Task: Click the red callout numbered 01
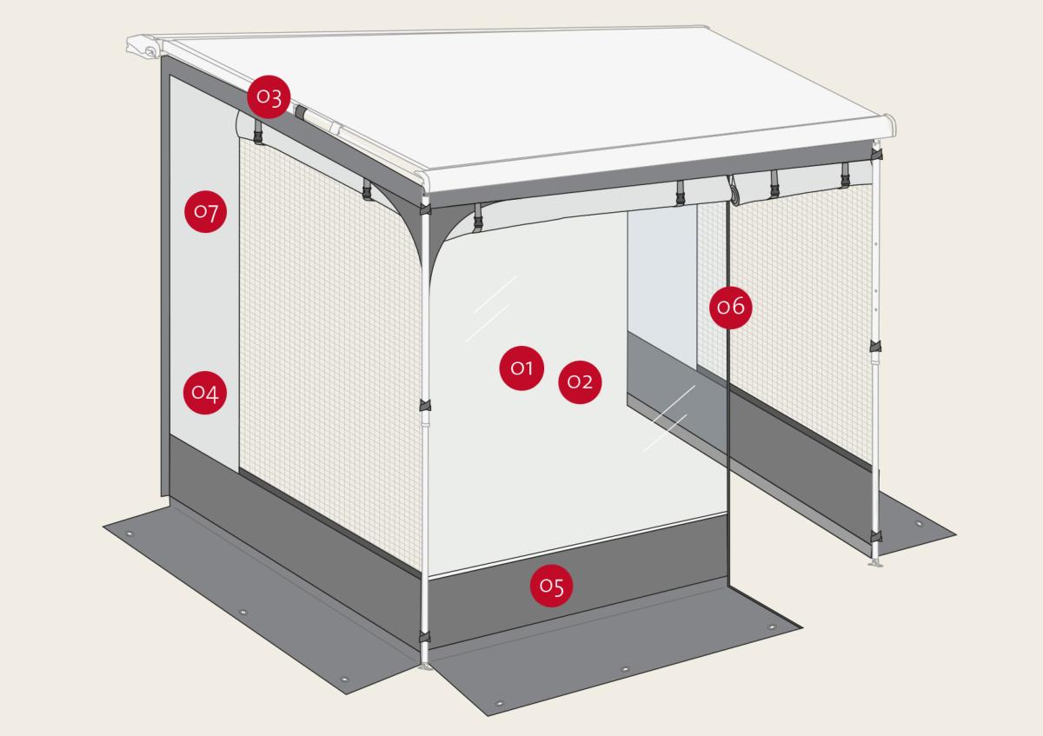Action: [x=521, y=368]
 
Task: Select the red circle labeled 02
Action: [x=580, y=381]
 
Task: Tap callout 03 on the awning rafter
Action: [x=269, y=97]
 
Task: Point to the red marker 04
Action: [x=205, y=393]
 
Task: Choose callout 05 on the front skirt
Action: [x=552, y=586]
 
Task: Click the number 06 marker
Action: [x=731, y=307]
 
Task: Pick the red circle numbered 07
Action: [x=206, y=212]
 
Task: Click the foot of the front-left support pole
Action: [x=424, y=666]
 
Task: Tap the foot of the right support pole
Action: [x=875, y=564]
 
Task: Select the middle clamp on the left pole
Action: [x=425, y=405]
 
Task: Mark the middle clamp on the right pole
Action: [x=875, y=347]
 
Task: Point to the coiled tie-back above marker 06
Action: [x=734, y=191]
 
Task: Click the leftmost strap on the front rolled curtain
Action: [x=478, y=217]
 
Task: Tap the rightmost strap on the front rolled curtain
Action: [x=845, y=176]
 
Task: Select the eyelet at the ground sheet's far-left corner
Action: [x=130, y=534]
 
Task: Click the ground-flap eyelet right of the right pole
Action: [x=920, y=523]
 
